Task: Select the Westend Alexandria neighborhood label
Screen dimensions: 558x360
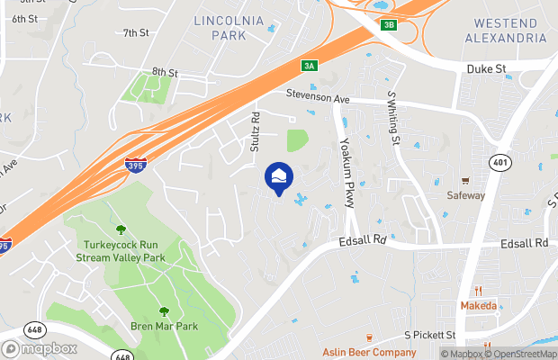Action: tap(506, 29)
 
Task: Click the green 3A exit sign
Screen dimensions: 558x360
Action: tap(309, 65)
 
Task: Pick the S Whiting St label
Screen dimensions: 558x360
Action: tap(392, 117)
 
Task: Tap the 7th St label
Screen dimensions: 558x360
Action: tap(136, 32)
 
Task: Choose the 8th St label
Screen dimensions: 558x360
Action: tap(165, 71)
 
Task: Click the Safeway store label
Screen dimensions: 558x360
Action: tap(466, 194)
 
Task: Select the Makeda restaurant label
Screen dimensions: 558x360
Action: tap(479, 306)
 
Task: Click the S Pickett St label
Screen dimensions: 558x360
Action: tap(429, 335)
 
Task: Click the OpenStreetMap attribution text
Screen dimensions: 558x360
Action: tap(523, 353)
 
